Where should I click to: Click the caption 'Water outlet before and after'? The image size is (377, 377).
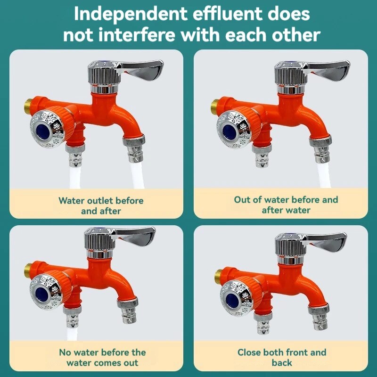tap(101, 205)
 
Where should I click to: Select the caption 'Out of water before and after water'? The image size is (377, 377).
tap(286, 205)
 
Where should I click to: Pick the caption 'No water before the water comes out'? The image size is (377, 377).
tap(102, 357)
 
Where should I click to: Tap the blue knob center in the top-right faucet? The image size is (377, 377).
tap(231, 128)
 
